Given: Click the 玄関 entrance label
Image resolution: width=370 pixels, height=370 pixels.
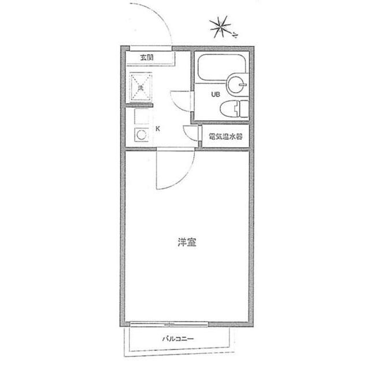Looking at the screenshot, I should coord(146,57).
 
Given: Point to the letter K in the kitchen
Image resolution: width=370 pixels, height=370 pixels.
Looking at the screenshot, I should coord(157,129).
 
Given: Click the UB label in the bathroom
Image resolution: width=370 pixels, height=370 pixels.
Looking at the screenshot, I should coord(215,94).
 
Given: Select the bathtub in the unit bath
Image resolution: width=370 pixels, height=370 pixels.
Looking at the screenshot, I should coord(215,69).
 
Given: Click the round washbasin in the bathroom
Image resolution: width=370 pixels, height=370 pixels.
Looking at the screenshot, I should coord(237,84).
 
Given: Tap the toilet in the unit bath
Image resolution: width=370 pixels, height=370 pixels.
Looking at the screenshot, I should coord(237,108).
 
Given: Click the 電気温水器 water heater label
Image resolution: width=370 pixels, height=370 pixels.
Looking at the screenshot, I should coord(225,137).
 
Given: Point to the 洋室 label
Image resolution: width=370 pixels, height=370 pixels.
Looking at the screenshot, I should coord(187,243).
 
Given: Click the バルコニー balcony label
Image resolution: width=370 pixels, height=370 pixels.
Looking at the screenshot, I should coord(177,339).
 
